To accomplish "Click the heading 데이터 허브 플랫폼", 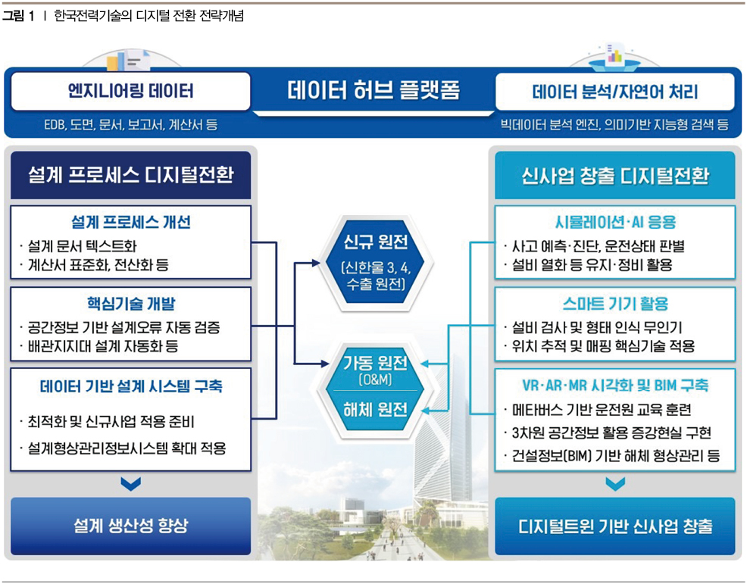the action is (x=373, y=90).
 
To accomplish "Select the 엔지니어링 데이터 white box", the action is (x=130, y=91).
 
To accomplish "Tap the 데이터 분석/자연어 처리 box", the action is (x=615, y=92).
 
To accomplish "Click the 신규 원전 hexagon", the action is (x=376, y=263).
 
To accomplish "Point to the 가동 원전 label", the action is (x=376, y=364).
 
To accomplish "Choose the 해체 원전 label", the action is (x=376, y=410).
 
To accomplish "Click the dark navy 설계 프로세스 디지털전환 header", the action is (x=130, y=175).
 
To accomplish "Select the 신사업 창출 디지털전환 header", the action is (x=615, y=175).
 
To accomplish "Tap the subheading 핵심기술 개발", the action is (x=131, y=304).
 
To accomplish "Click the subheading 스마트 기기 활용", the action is (x=615, y=304).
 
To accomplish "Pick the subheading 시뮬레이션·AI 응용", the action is (x=615, y=222).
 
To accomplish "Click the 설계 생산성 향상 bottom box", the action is (x=130, y=526).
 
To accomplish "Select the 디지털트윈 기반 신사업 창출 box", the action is (x=615, y=526).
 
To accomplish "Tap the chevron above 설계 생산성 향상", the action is (x=130, y=484).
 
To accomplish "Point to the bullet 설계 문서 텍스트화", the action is (x=83, y=245).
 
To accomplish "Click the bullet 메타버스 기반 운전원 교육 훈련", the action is (x=602, y=410).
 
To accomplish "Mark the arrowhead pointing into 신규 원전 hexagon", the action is (x=316, y=263).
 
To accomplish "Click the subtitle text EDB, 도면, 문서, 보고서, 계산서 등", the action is (x=130, y=125).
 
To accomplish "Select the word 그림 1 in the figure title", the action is (x=18, y=16).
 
